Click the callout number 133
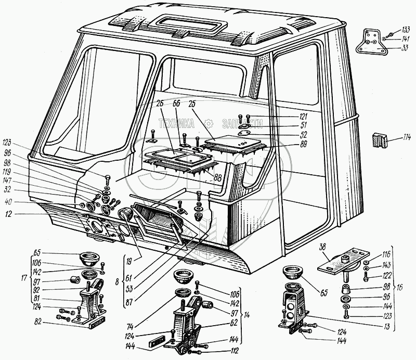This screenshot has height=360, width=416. [405, 29]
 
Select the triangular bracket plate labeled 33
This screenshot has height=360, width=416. [371, 44]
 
